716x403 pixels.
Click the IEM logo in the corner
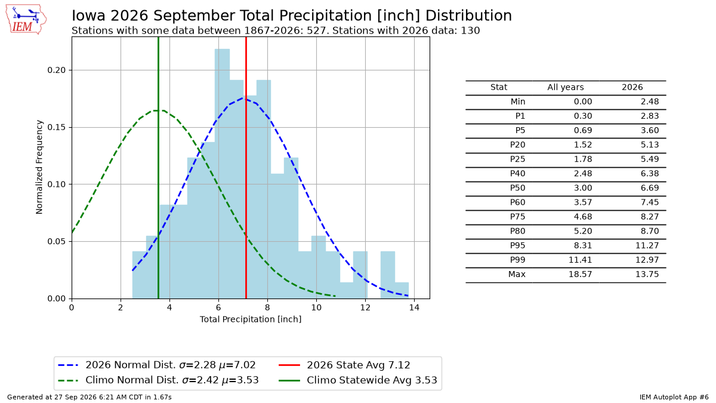point(26,19)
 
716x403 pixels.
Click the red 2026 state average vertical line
point(246,168)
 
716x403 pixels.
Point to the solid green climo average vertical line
point(158,168)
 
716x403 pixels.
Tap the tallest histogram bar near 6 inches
point(222,174)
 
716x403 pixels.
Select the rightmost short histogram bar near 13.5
point(402,290)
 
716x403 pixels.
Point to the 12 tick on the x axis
point(365,307)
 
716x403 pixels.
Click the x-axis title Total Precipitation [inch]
point(251,319)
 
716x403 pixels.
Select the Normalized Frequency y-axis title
point(39,167)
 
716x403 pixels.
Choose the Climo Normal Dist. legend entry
point(159,380)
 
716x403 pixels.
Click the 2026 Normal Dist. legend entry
point(157,365)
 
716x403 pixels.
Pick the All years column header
point(566,87)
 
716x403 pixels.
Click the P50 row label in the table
point(517,187)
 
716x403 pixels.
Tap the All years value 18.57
point(581,274)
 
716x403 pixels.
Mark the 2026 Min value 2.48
point(650,101)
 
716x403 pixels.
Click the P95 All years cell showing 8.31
point(583,245)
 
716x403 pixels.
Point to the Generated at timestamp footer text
point(89,397)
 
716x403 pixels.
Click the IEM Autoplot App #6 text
point(674,397)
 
